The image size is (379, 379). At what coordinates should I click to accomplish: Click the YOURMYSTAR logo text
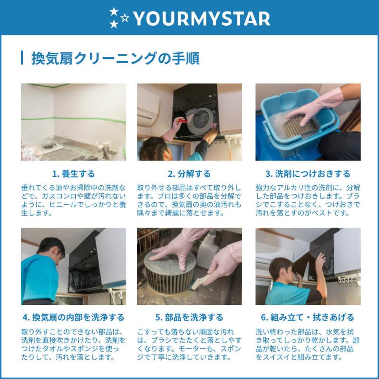coord(201,18)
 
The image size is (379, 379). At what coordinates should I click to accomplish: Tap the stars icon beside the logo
coord(118,18)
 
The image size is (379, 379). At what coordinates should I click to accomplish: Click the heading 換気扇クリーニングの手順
coord(115,58)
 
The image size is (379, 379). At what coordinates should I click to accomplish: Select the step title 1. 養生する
coord(74,173)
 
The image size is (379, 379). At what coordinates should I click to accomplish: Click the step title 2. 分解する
coord(189,173)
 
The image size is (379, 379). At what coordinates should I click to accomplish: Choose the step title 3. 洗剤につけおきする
coord(308,173)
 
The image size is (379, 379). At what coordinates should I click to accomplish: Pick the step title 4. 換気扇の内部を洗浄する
coord(74,317)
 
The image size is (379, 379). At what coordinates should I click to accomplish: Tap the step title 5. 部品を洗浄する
coord(189,317)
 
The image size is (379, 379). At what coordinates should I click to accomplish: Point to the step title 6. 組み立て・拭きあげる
coord(308,317)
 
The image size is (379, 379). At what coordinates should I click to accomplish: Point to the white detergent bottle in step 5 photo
coord(209,251)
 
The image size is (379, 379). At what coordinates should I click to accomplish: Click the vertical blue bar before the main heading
coord(22,58)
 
